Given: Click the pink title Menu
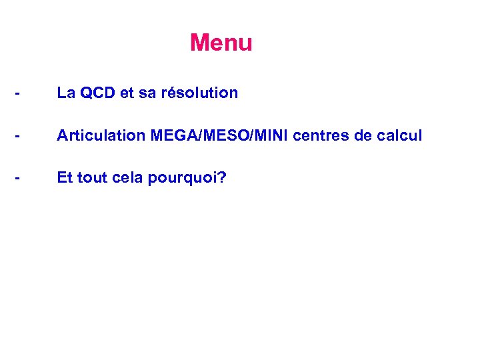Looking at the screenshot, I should coord(221,43).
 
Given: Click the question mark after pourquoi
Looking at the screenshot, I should coord(223,178).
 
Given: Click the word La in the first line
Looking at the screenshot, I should coord(65,93).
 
